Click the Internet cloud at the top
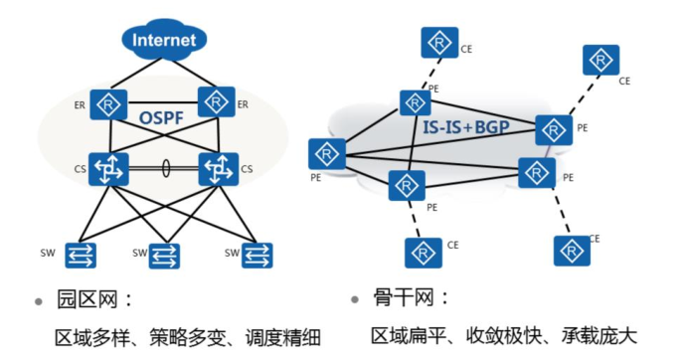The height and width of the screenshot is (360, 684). (164, 39)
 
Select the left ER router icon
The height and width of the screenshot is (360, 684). (108, 104)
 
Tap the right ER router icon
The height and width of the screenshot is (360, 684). (217, 102)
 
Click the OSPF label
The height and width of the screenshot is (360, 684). (161, 117)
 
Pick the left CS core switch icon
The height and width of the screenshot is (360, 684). (108, 169)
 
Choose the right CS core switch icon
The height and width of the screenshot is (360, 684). (218, 169)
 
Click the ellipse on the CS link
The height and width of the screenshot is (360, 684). (166, 168)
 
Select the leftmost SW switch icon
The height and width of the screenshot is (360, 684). (81, 256)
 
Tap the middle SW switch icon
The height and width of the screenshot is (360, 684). (164, 256)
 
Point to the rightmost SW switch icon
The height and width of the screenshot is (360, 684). (256, 256)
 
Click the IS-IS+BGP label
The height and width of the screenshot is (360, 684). (466, 126)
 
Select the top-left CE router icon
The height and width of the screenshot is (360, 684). (439, 43)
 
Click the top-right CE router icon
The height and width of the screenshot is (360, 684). (601, 60)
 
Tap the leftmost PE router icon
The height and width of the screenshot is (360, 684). (327, 154)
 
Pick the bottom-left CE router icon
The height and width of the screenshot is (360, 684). (424, 253)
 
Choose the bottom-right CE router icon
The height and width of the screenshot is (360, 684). (572, 251)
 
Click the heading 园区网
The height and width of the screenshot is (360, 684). (87, 299)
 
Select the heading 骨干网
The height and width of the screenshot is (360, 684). (404, 297)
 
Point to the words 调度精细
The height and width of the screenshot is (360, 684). (282, 338)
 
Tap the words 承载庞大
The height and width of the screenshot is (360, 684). (598, 336)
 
